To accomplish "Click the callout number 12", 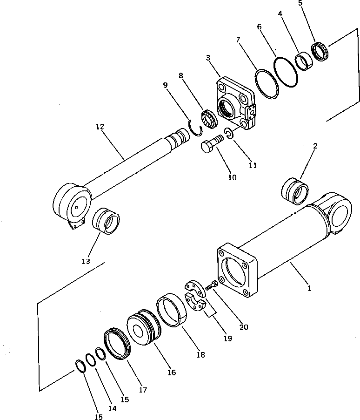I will [x=100, y=127].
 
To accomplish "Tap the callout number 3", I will [x=208, y=58].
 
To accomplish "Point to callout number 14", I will [x=112, y=408].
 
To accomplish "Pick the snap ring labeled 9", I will [x=197, y=128].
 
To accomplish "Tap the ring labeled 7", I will [x=267, y=84].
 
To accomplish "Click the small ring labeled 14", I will [x=91, y=359].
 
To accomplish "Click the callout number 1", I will [x=309, y=288].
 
